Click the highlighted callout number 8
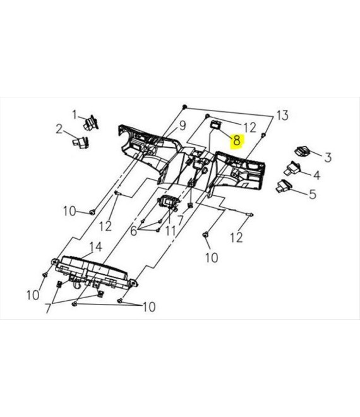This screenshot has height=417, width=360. (236, 140)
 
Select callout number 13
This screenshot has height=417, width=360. (282, 116)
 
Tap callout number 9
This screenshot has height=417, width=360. (182, 126)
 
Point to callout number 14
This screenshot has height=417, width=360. (96, 247)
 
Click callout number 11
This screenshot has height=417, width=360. (170, 231)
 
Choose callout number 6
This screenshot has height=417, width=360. (133, 231)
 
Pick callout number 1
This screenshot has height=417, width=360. (75, 115)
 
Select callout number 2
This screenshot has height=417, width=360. (59, 130)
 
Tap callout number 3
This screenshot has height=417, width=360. (328, 157)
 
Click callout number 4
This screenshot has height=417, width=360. (316, 175)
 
